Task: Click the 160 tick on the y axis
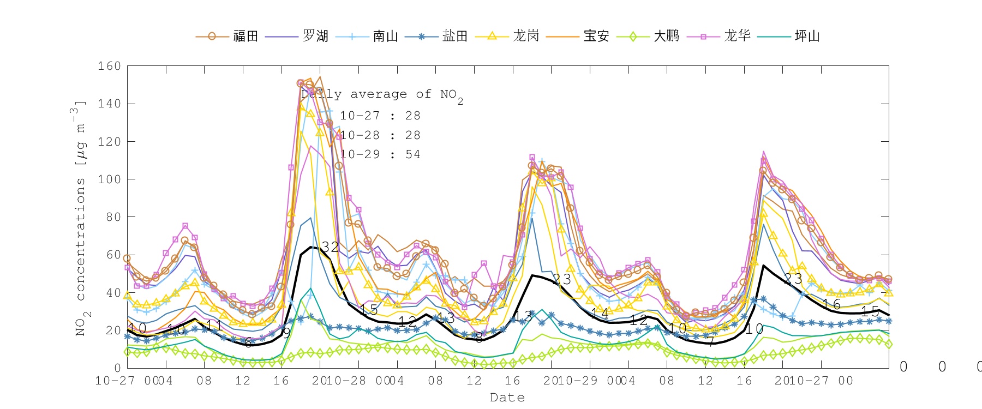point(109,66)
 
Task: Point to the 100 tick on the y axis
point(109,179)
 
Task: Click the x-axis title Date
point(507,398)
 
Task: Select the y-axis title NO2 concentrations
point(80,218)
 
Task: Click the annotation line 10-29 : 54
point(380,154)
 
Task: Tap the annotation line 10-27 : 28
point(380,116)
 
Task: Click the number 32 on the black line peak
point(330,247)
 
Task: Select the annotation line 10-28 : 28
point(380,135)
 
